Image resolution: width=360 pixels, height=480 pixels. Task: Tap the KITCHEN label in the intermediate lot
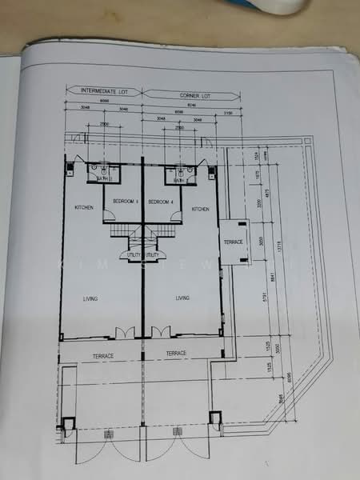coord(84,208)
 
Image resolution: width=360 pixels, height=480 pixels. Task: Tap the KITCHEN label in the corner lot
coord(200,209)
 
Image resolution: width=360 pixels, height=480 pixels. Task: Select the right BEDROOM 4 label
coord(162,202)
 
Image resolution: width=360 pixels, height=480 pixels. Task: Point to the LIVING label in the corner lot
coord(182,298)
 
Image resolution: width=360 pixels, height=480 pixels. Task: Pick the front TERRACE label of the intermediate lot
coord(102,354)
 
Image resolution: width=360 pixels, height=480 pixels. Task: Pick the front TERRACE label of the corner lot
coord(176,353)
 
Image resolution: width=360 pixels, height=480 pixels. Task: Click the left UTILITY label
coord(133,255)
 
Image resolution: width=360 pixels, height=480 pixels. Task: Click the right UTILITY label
coord(152,255)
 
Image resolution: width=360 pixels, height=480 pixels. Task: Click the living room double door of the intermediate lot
coord(123,332)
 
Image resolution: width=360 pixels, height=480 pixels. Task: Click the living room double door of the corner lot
coord(160,332)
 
